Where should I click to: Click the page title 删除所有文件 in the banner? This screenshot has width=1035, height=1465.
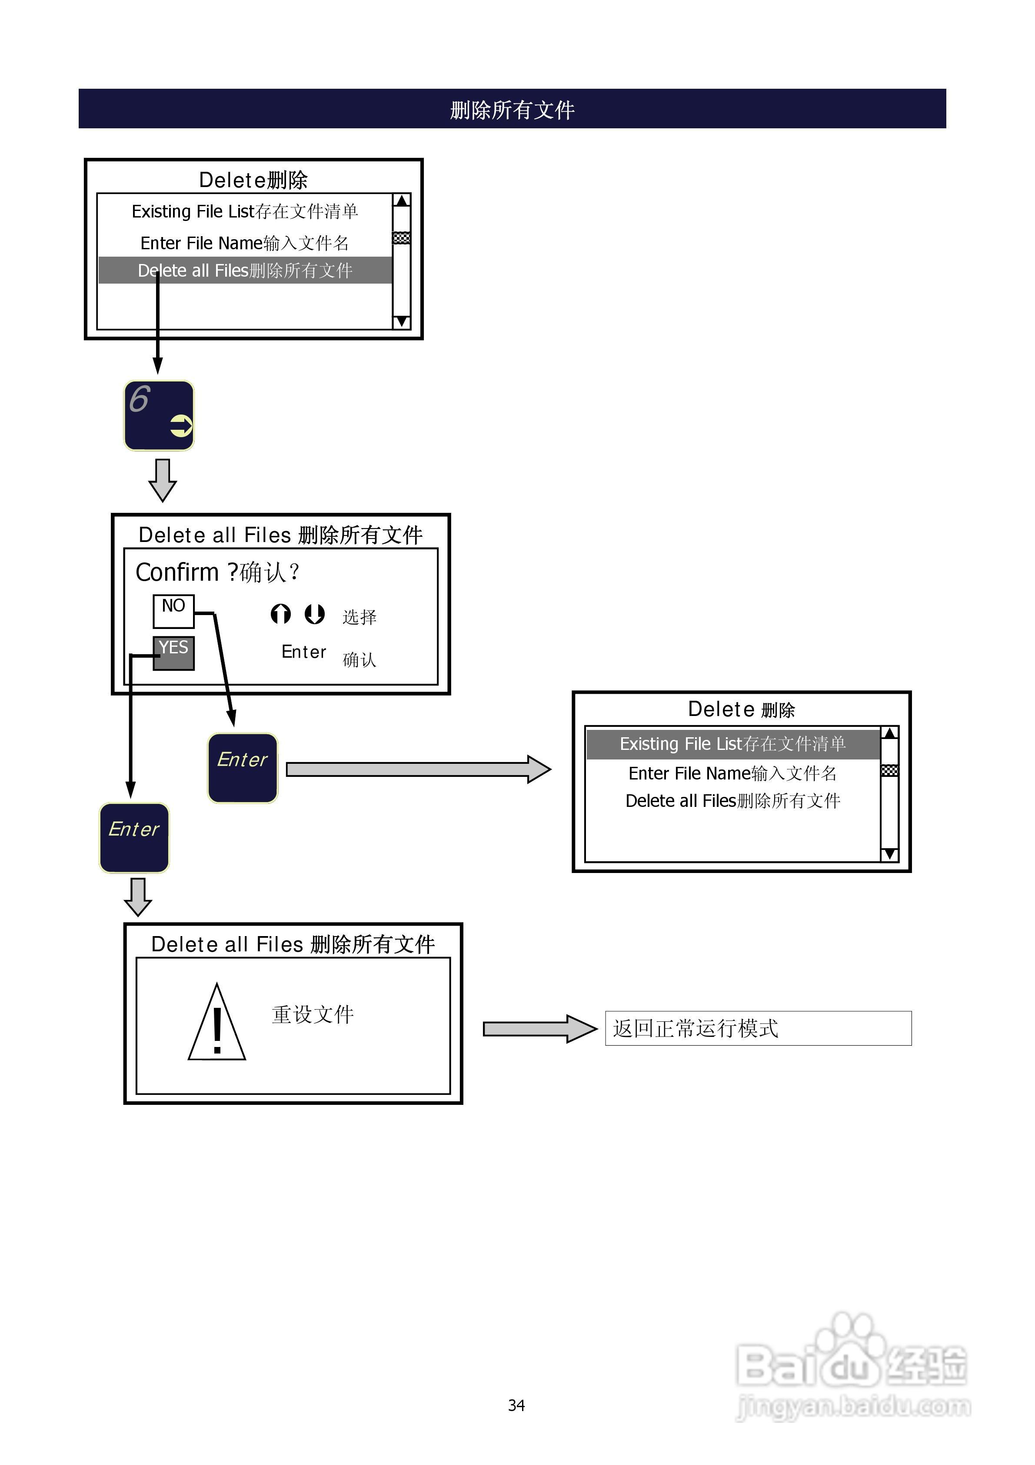[512, 110]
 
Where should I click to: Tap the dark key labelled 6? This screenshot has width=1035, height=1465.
[159, 415]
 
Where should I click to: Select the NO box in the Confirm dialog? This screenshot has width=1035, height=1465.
[173, 611]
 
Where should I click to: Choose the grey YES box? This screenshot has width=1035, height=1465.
[173, 653]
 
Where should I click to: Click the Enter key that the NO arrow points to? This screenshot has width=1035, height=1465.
[242, 768]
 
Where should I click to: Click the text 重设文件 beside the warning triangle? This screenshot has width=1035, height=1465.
[313, 1014]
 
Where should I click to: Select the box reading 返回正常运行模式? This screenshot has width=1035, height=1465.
[758, 1028]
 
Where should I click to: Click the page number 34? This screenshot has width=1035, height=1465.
[516, 1405]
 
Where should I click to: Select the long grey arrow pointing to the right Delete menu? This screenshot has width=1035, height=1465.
[418, 769]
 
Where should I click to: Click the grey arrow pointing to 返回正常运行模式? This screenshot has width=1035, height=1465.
[539, 1029]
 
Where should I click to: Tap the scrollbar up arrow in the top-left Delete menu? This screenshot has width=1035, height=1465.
[401, 201]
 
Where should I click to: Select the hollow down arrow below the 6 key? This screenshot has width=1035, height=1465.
[163, 480]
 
